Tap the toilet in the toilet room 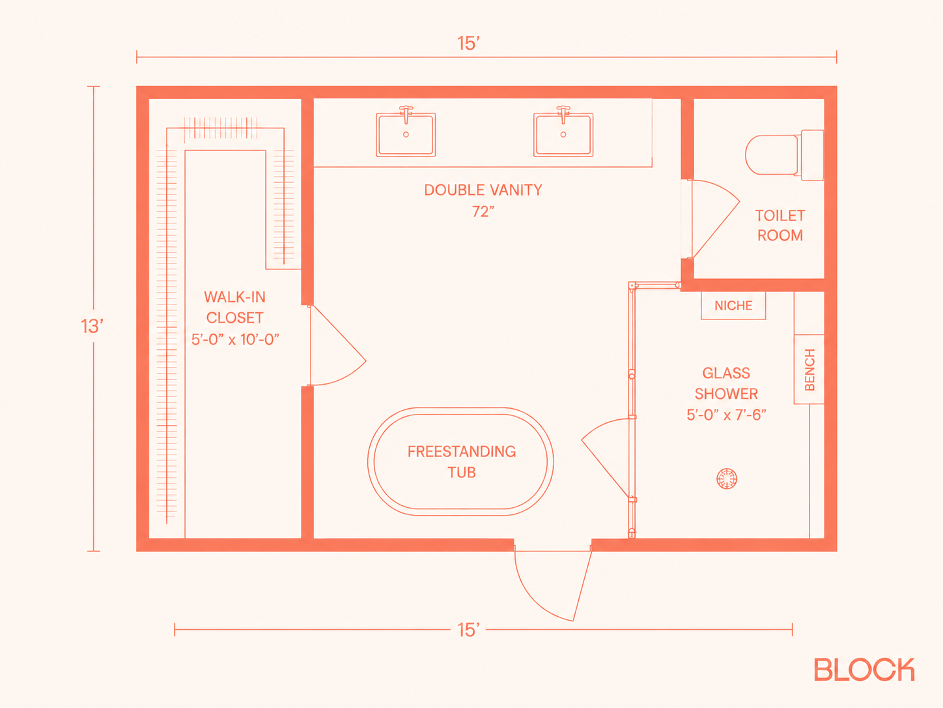pos(785,155)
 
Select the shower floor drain pos(727,479)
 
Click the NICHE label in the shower pos(733,306)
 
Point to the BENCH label pos(809,370)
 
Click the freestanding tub pos(460,462)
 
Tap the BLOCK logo pos(864,670)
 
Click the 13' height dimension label pos(92,326)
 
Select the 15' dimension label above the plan pos(468,44)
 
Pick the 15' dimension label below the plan pos(468,630)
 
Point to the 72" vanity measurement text pos(483,211)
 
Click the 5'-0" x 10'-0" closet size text pos(235,340)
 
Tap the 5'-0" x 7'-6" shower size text pos(727,415)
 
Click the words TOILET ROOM pos(780,226)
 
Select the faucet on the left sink pos(406,114)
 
